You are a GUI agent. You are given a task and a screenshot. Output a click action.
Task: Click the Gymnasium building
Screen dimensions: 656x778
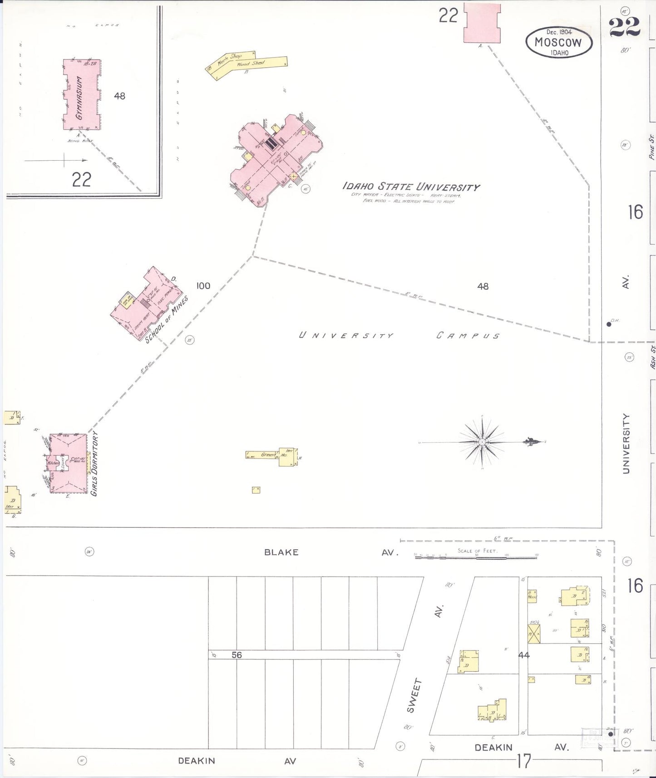tap(82, 94)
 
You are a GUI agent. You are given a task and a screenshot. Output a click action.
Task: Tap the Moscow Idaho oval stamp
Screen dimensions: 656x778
tap(559, 43)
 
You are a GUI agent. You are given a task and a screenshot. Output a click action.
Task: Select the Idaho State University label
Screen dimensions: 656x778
tap(411, 187)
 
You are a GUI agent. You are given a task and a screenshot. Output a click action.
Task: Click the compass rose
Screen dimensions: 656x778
tap(482, 442)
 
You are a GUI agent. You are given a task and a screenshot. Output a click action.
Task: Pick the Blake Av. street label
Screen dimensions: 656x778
tap(281, 552)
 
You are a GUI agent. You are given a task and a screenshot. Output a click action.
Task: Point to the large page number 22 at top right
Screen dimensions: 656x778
tap(625, 27)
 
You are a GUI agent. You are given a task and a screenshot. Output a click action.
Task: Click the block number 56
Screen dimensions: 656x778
tap(237, 655)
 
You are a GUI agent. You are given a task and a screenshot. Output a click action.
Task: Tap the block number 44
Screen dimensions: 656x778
tap(524, 655)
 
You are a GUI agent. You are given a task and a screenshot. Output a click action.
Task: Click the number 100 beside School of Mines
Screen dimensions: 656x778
tap(203, 286)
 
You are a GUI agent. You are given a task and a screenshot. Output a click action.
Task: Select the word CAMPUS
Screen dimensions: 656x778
tap(468, 336)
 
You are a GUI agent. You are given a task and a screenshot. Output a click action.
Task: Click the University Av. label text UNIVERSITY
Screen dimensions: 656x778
tap(626, 443)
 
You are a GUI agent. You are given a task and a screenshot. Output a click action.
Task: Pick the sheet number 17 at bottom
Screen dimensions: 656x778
tap(523, 761)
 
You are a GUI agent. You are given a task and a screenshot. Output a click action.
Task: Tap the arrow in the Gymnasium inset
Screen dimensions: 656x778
tap(56, 160)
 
